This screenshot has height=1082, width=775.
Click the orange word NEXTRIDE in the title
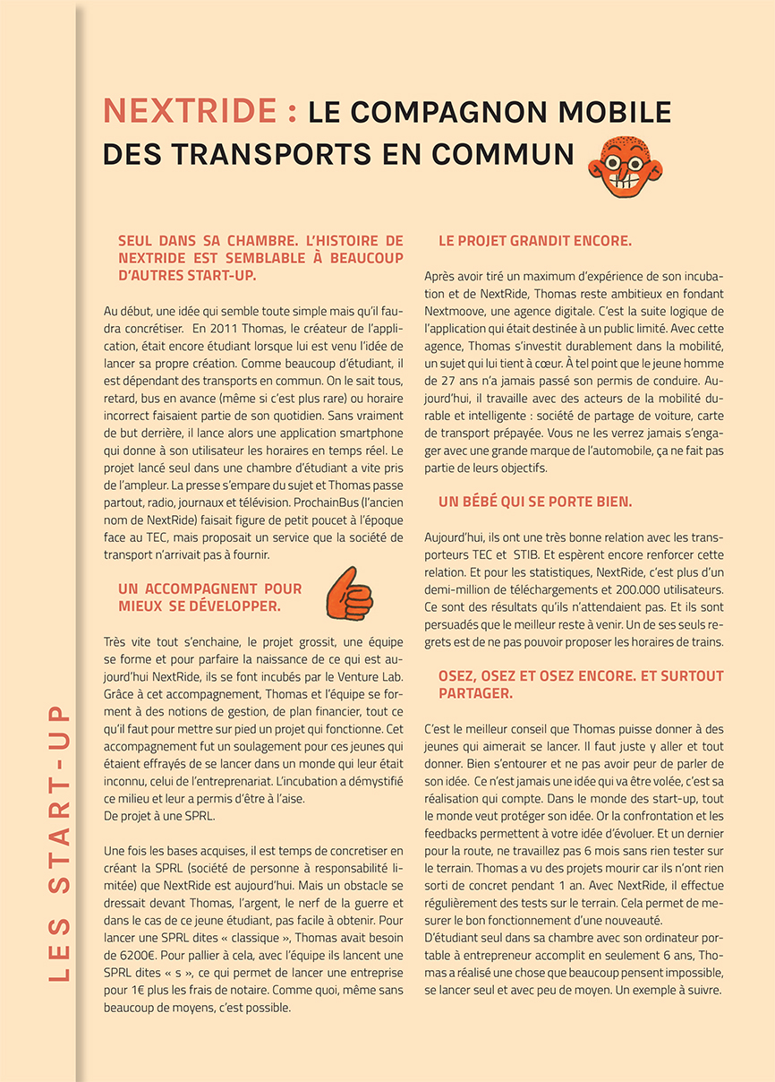pos(190,112)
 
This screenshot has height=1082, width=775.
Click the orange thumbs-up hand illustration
pos(348,593)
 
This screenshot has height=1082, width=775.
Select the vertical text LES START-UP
pos(59,842)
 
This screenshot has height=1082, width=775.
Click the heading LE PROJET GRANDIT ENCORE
pos(535,241)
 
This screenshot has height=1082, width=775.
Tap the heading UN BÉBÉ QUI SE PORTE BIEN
pos(535,502)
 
